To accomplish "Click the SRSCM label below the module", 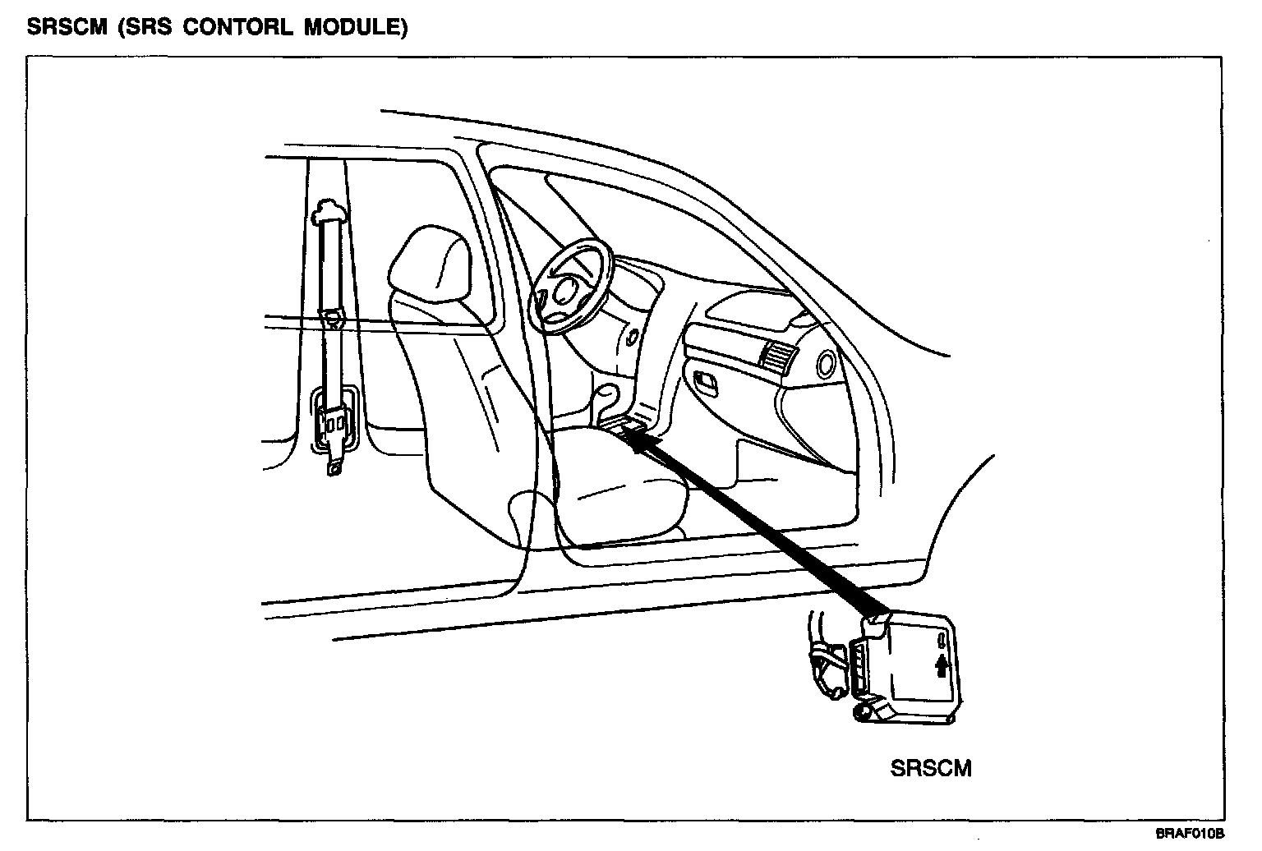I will tap(931, 768).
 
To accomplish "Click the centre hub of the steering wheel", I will tap(565, 288).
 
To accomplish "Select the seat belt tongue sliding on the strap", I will tap(332, 316).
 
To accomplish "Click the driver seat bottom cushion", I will tap(616, 485).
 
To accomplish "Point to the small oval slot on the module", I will tap(943, 638).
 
